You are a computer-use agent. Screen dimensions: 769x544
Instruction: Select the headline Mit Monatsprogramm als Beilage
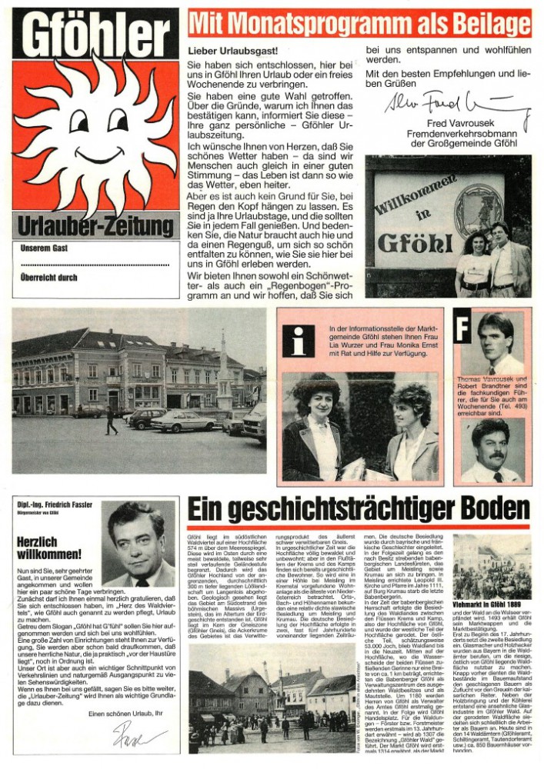(x=359, y=23)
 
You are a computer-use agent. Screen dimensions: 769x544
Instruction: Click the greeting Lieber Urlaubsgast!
(x=223, y=51)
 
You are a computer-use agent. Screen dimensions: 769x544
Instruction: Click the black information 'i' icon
(x=298, y=341)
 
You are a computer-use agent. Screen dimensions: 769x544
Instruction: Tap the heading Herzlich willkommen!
(x=48, y=548)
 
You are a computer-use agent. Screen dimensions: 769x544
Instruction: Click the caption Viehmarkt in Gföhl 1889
(x=492, y=604)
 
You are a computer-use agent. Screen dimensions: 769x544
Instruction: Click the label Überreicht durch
(x=48, y=277)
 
